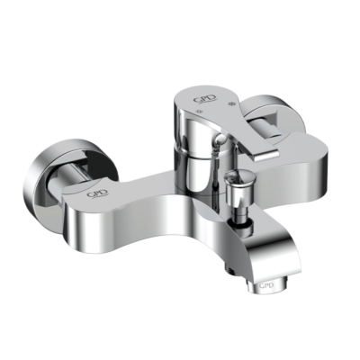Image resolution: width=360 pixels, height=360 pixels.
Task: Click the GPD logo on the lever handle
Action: coord(204,99)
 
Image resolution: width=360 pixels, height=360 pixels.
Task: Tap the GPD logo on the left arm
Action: coord(95,192)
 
